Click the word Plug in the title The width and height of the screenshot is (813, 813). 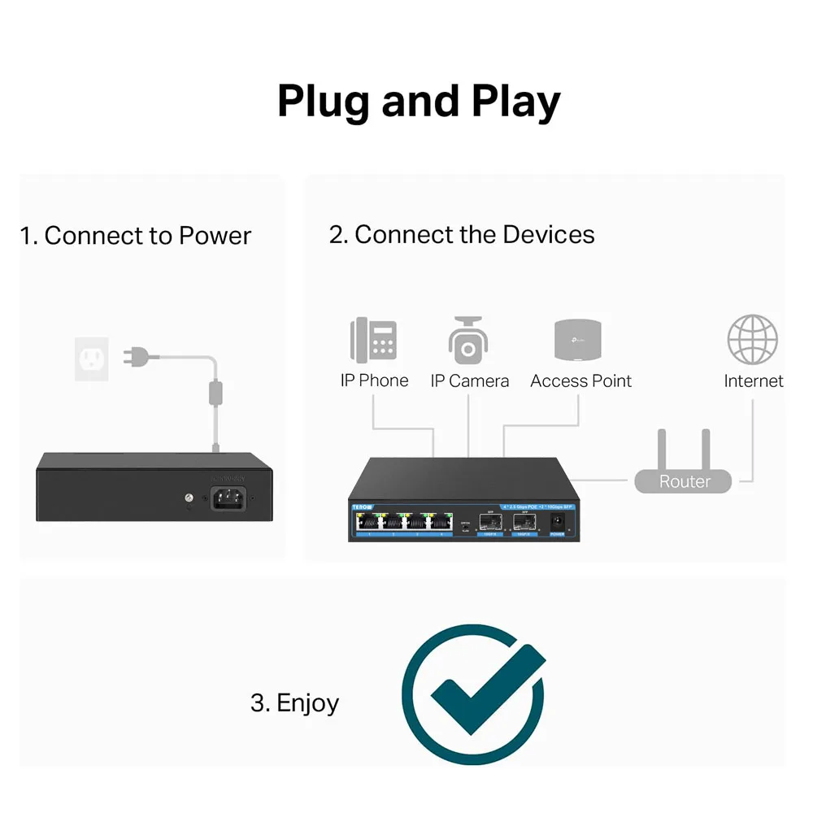pyautogui.click(x=324, y=102)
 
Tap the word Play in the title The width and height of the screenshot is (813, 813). pyautogui.click(x=515, y=102)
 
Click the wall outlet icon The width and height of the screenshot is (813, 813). pyautogui.click(x=92, y=359)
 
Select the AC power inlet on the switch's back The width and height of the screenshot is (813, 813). pyautogui.click(x=229, y=498)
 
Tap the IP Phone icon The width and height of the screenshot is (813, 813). pyautogui.click(x=373, y=341)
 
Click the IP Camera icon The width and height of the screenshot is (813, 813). pyautogui.click(x=468, y=341)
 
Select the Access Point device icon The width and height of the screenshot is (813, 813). pyautogui.click(x=578, y=341)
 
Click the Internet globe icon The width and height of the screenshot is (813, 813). pyautogui.click(x=753, y=340)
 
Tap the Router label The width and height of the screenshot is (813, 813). pyautogui.click(x=685, y=481)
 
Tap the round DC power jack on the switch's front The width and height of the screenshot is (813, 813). pyautogui.click(x=559, y=520)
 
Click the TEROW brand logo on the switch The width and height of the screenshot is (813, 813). pyautogui.click(x=362, y=506)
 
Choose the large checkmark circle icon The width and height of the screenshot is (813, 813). pyautogui.click(x=473, y=694)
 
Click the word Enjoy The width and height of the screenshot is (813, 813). pyautogui.click(x=307, y=702)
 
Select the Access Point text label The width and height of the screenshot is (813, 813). pyautogui.click(x=580, y=380)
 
